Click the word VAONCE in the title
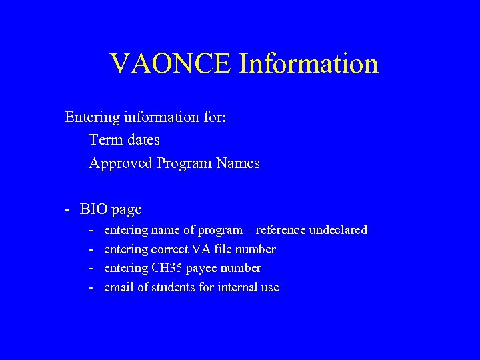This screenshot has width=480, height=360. (171, 63)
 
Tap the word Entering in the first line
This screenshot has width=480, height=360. (91, 118)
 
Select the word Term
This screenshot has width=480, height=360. (105, 141)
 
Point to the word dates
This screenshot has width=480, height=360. (142, 141)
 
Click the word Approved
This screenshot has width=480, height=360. (121, 163)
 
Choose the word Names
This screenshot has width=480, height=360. (238, 163)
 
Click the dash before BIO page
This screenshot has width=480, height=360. (68, 209)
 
